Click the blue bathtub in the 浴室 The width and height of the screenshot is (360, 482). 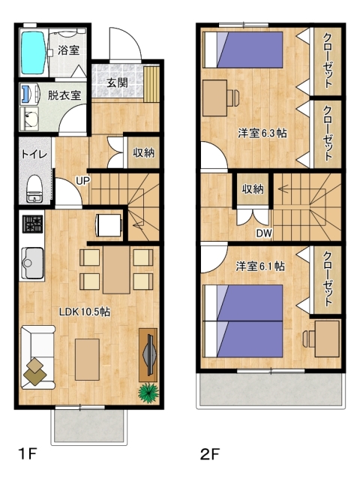pyautogui.click(x=34, y=53)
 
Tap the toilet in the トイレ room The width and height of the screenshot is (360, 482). pyautogui.click(x=34, y=188)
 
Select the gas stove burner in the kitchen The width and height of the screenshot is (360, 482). pyautogui.click(x=32, y=224)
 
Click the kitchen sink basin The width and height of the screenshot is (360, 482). pyautogui.click(x=32, y=262)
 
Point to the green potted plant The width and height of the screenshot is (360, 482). pyautogui.click(x=148, y=393)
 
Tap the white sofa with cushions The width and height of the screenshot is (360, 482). pyautogui.click(x=37, y=357)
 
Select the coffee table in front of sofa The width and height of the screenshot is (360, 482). pyautogui.click(x=87, y=360)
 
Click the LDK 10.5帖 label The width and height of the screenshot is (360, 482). pyautogui.click(x=85, y=312)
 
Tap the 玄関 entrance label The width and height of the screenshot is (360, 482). pyautogui.click(x=117, y=83)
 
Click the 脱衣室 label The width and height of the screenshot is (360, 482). pyautogui.click(x=64, y=95)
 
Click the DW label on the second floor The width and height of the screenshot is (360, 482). pyautogui.click(x=264, y=233)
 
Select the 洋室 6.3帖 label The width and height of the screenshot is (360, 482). pyautogui.click(x=262, y=134)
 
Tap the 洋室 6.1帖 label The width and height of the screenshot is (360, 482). pyautogui.click(x=260, y=267)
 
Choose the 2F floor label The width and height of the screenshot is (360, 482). pyautogui.click(x=210, y=453)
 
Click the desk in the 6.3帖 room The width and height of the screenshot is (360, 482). pyautogui.click(x=215, y=98)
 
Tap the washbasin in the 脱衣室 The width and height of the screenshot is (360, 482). pyautogui.click(x=30, y=119)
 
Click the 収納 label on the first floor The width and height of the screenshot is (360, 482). pyautogui.click(x=144, y=152)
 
